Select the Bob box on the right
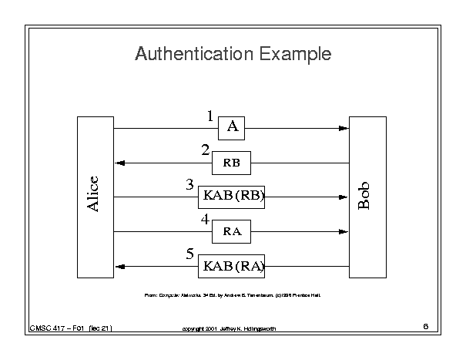coord(367,197)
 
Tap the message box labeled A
coord(232,128)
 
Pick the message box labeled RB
coord(232,163)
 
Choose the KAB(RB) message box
coord(232,197)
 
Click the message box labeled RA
coord(232,231)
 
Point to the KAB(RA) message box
coord(232,266)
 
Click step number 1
coord(210,116)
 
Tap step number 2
coord(205,150)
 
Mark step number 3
coord(189,185)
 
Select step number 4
coord(205,220)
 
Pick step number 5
coord(189,254)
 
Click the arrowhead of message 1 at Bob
coord(344,128)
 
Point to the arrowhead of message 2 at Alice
coord(119,163)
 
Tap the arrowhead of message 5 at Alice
coord(119,266)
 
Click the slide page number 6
coord(425,327)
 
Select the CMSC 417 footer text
coord(71,328)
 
